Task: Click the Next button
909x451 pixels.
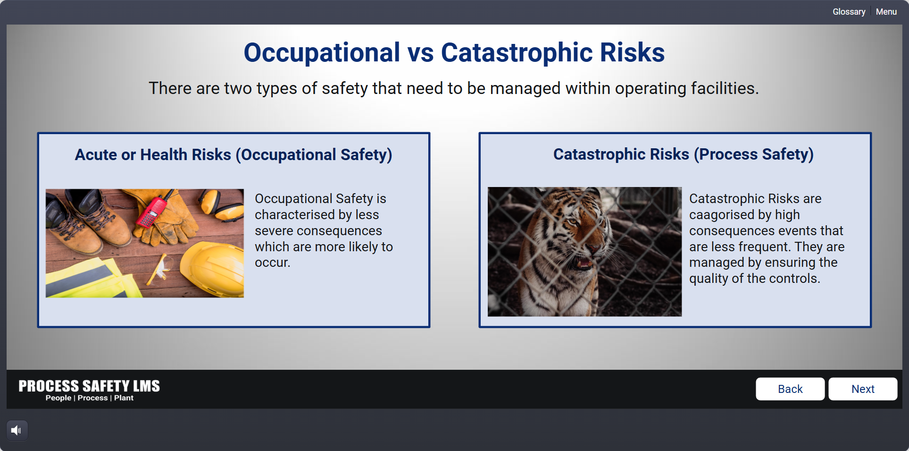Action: pos(863,389)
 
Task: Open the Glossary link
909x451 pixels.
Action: pos(849,12)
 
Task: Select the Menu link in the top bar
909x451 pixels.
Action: pos(886,12)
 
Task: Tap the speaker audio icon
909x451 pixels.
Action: pos(17,430)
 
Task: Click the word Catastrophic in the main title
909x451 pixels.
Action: pos(517,52)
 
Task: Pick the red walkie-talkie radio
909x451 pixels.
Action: pos(151,213)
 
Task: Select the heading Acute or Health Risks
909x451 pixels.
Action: pos(153,155)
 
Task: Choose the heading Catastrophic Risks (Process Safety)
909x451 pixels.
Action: pos(684,154)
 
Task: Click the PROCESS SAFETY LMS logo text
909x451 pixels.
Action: pos(89,386)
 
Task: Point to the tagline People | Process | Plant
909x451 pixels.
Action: pos(90,398)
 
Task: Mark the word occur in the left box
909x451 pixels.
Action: pos(272,263)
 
